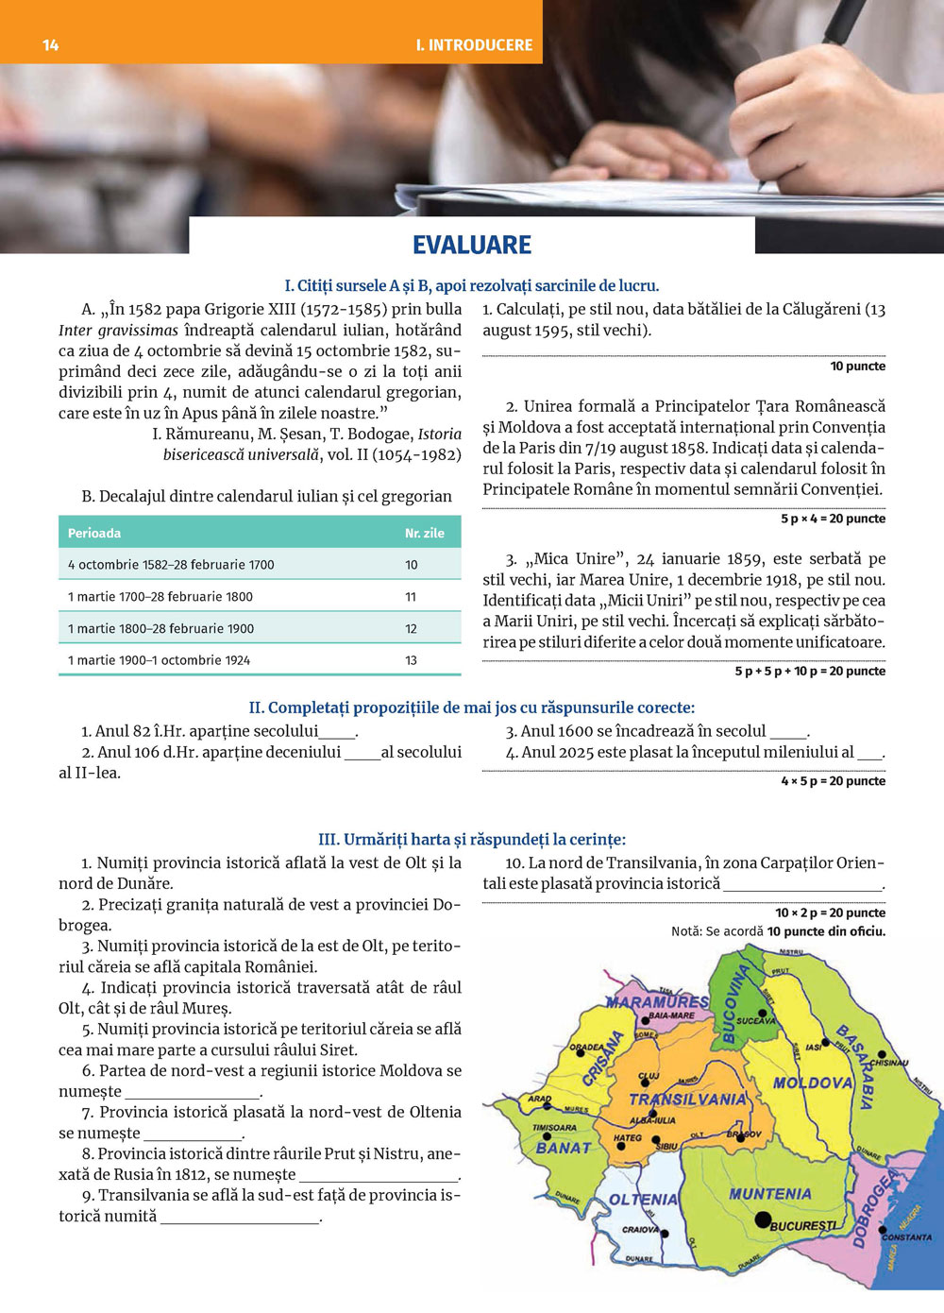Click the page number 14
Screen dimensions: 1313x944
pos(51,44)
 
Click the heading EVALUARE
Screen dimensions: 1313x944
pos(472,246)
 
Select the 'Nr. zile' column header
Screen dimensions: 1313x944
pos(425,533)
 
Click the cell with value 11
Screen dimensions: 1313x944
pos(411,597)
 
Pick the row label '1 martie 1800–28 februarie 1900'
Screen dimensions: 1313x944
pos(160,629)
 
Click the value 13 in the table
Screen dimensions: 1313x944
pos(411,660)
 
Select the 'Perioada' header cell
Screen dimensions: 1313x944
pos(94,533)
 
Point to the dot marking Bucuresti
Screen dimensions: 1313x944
pos(763,1220)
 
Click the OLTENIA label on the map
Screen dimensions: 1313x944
pos(644,1200)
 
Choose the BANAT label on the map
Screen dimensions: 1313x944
pos(564,1148)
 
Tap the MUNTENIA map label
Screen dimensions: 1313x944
pos(769,1194)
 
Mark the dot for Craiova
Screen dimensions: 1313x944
pos(665,1234)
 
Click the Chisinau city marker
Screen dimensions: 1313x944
pos(882,1054)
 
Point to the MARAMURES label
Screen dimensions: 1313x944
pos(657,1001)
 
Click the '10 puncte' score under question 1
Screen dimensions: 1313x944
pos(857,367)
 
